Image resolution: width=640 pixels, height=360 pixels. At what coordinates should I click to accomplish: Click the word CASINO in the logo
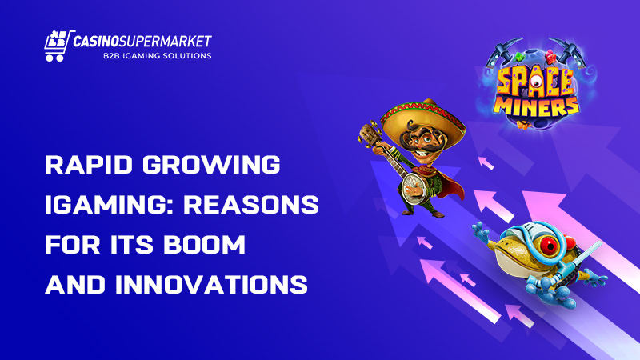[x=96, y=42]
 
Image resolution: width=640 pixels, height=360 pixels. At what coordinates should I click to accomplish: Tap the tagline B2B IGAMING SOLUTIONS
[x=157, y=55]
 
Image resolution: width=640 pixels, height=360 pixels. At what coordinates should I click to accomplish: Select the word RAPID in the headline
[x=89, y=165]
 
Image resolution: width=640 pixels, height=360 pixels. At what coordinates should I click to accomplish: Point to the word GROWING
[x=211, y=165]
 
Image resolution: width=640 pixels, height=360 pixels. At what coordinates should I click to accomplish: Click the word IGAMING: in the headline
[x=109, y=204]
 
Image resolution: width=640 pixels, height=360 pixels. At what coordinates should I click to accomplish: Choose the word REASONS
[x=251, y=204]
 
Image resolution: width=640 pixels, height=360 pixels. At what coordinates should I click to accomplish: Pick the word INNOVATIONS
[x=211, y=284]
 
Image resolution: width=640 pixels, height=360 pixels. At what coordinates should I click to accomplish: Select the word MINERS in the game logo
[x=536, y=107]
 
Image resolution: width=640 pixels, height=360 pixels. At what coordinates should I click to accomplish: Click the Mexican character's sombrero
[x=423, y=118]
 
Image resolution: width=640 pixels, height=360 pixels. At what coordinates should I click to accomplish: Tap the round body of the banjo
[x=414, y=187]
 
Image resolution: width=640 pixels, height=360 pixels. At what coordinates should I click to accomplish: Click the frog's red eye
[x=550, y=246]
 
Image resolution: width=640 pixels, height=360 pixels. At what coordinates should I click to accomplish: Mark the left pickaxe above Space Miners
[x=503, y=52]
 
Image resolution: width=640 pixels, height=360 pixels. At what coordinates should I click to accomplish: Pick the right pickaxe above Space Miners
[x=568, y=52]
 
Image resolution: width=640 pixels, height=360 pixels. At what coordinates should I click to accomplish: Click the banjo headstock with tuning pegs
[x=370, y=133]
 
